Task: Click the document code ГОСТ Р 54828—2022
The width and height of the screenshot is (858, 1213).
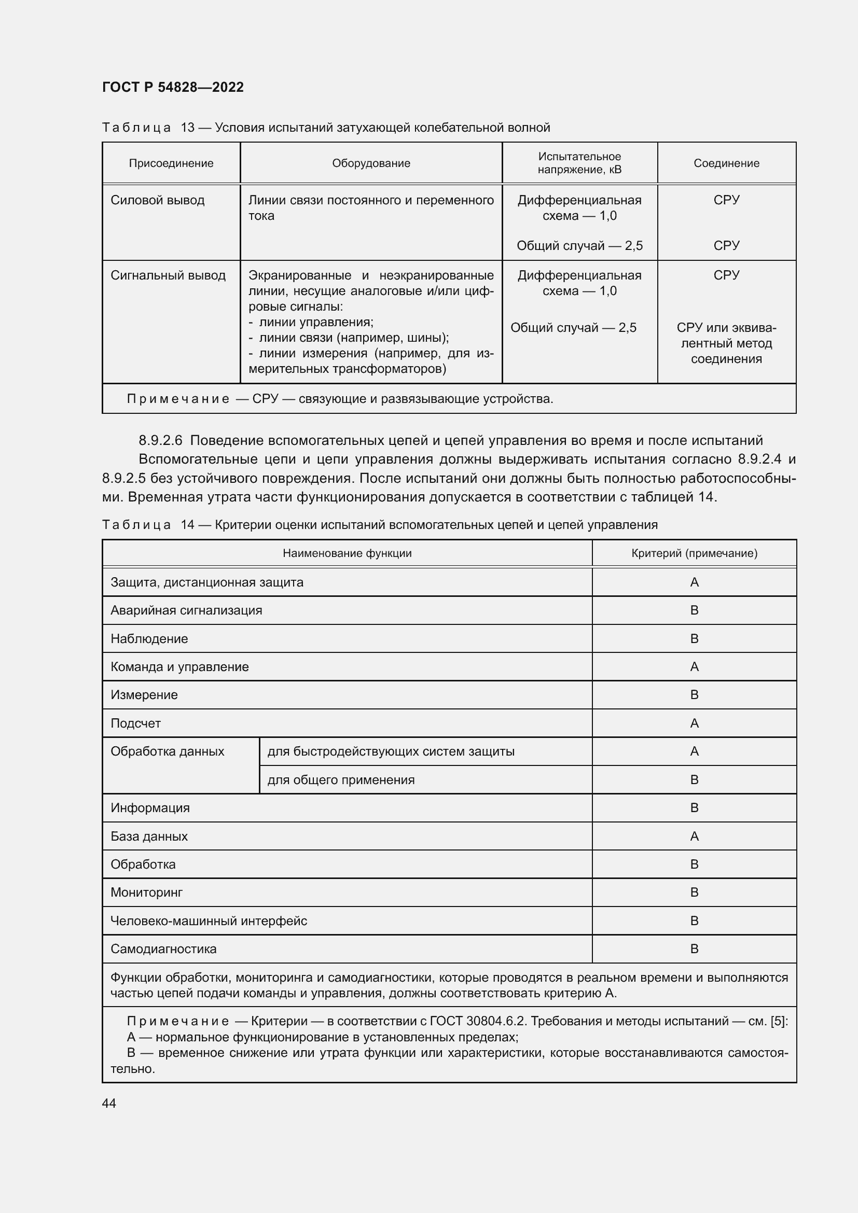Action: [x=173, y=87]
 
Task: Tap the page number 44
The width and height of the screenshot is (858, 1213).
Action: [x=109, y=1103]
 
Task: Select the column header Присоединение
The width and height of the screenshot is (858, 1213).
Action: [x=171, y=163]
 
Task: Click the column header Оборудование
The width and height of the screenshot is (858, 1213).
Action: [x=371, y=163]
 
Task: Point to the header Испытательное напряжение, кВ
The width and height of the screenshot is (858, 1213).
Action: [x=579, y=163]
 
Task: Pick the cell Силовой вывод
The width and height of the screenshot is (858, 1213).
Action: [x=158, y=200]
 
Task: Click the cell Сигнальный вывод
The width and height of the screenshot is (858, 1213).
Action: [x=168, y=275]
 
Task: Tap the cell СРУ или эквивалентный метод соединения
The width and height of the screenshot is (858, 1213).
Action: [x=726, y=343]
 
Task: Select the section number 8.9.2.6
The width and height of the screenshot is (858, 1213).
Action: [x=160, y=440]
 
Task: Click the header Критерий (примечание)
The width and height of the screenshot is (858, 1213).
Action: [x=694, y=553]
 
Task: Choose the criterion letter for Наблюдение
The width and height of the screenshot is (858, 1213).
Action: [x=694, y=639]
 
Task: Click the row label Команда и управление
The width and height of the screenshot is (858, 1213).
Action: [x=179, y=667]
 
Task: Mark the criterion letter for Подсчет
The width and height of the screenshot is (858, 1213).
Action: [x=694, y=723]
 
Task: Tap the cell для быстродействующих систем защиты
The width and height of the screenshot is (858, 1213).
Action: [x=391, y=751]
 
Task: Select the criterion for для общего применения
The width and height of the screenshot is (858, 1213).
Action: [x=694, y=780]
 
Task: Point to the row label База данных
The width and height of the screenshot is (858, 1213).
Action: [x=149, y=836]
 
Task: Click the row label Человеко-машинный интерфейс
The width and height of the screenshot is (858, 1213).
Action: [x=209, y=921]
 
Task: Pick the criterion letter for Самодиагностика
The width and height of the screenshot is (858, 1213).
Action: [x=694, y=949]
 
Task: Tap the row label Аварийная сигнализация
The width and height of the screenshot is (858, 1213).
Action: [x=186, y=610]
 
